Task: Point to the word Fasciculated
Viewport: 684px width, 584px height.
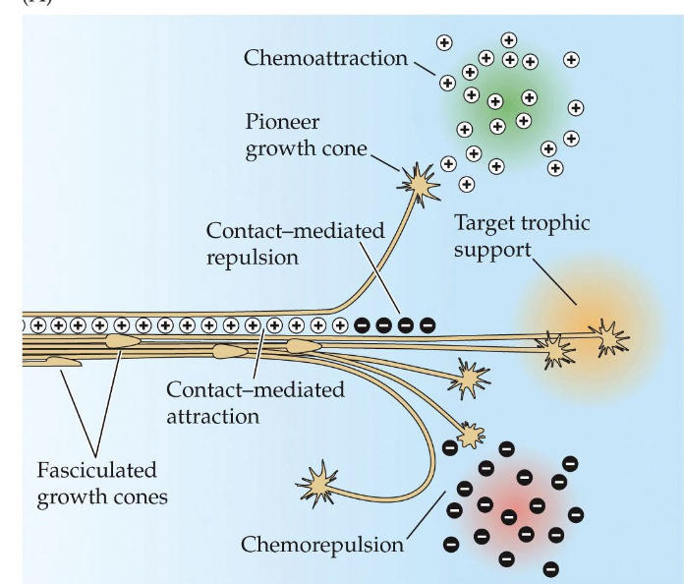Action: point(97,469)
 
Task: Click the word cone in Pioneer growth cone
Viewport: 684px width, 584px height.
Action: point(345,151)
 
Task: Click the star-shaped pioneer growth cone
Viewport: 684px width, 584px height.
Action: point(417,183)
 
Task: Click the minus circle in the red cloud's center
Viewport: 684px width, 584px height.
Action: point(509,515)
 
